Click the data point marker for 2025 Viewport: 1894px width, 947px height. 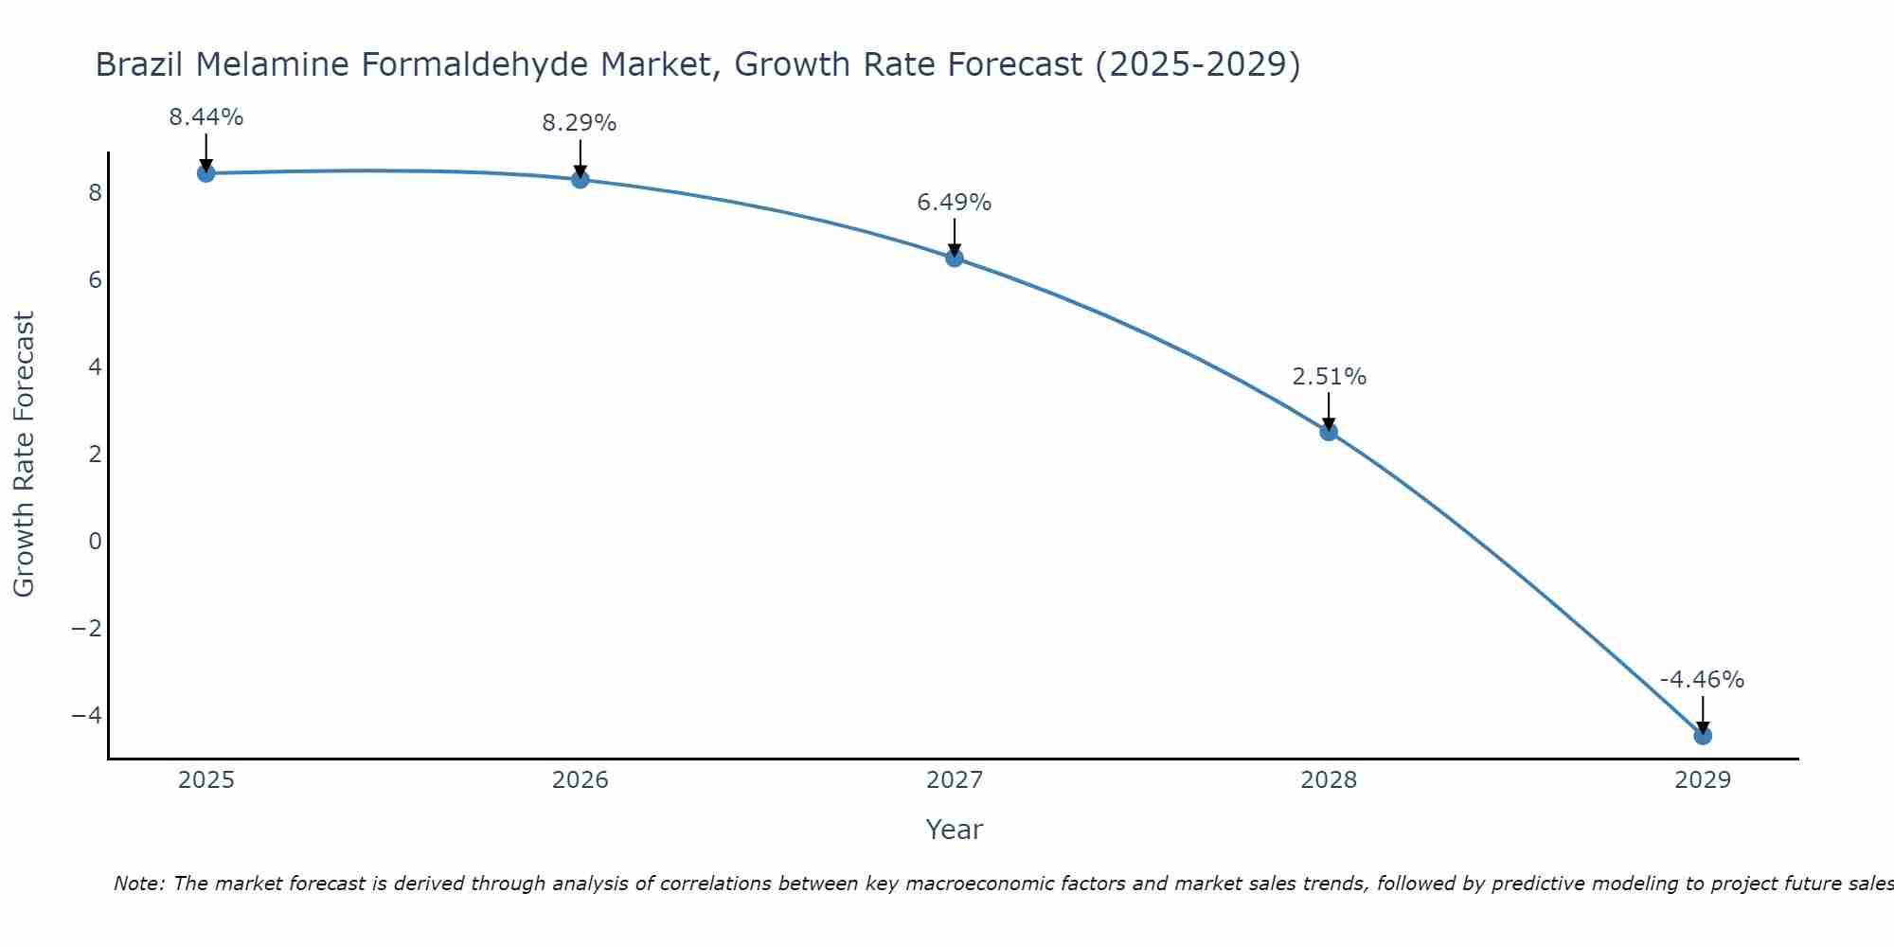205,173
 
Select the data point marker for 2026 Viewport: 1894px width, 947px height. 581,179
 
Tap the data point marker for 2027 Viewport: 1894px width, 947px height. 955,258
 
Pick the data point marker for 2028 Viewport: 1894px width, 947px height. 1329,432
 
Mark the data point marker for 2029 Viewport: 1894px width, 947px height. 1703,736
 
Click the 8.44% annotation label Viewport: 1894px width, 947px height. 205,117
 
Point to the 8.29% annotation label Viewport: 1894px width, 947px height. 580,123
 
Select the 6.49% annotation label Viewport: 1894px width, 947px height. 954,203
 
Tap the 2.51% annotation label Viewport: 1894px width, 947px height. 1329,377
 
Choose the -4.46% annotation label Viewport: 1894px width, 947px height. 1702,680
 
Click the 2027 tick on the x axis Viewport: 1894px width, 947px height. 955,780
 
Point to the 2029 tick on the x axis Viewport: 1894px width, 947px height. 1703,780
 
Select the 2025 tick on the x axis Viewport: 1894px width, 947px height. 206,780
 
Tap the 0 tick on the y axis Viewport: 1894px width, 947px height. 95,542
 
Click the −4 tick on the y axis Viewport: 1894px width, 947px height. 86,715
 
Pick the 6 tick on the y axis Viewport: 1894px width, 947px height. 95,280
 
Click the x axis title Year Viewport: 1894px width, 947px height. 955,830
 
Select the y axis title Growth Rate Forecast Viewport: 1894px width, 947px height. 24,455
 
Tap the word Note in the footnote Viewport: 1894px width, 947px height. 138,884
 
